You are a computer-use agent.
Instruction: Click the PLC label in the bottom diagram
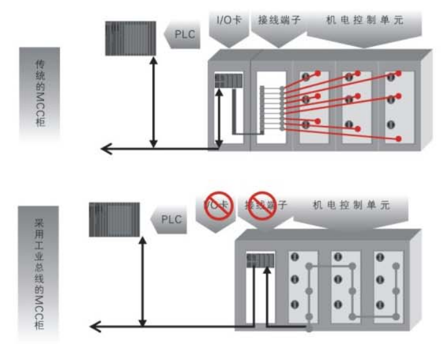tap(171, 220)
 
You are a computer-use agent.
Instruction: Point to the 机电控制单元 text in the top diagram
tap(364, 20)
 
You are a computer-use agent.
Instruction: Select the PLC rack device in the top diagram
tap(131, 38)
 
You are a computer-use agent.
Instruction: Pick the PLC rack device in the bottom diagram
tap(114, 220)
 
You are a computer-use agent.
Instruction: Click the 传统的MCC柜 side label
tap(40, 94)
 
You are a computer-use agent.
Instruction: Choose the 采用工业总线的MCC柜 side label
tap(38, 274)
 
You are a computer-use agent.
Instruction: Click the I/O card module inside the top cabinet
tap(229, 81)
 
